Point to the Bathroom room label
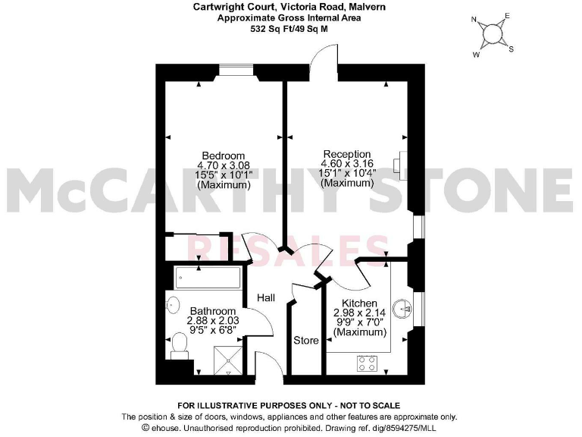(x=213, y=311)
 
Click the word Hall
(x=265, y=297)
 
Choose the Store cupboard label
(x=306, y=341)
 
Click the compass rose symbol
(x=493, y=33)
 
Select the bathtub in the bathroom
(x=207, y=278)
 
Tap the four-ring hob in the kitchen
(x=368, y=363)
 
